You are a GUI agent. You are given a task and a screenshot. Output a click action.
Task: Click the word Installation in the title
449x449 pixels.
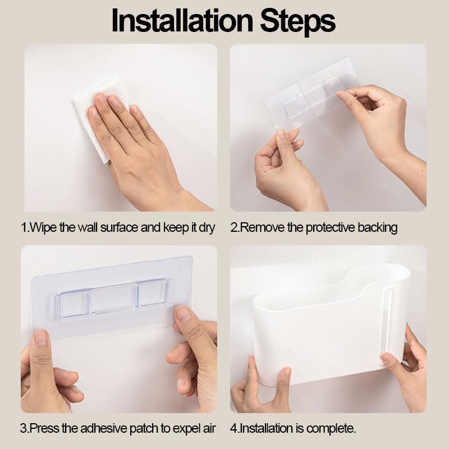(182, 21)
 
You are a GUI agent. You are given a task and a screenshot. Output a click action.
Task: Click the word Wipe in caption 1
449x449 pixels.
(43, 228)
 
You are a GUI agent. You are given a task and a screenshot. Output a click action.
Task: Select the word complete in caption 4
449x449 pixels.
(331, 429)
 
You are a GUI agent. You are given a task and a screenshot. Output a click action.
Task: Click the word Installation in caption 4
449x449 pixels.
(267, 429)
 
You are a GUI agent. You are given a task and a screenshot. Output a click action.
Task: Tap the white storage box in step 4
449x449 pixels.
(329, 327)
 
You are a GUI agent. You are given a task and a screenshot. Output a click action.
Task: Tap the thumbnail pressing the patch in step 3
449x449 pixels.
(183, 314)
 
